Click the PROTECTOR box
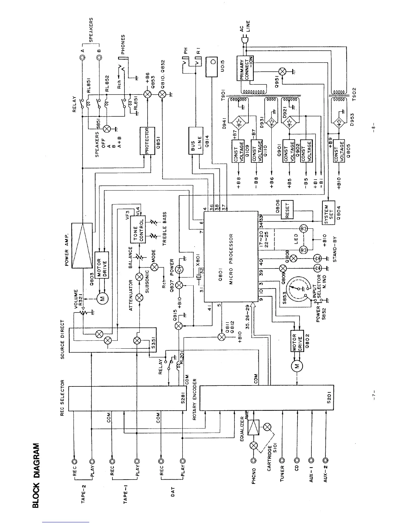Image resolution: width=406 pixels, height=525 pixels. click(147, 141)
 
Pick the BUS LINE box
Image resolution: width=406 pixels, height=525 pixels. click(195, 141)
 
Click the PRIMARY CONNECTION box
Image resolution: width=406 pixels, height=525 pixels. click(245, 68)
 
